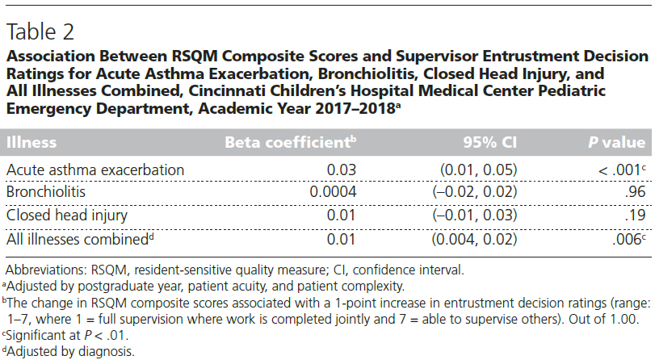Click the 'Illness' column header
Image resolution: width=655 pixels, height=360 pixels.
[31, 143]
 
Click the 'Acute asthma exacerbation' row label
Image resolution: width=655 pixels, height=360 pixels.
[96, 170]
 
